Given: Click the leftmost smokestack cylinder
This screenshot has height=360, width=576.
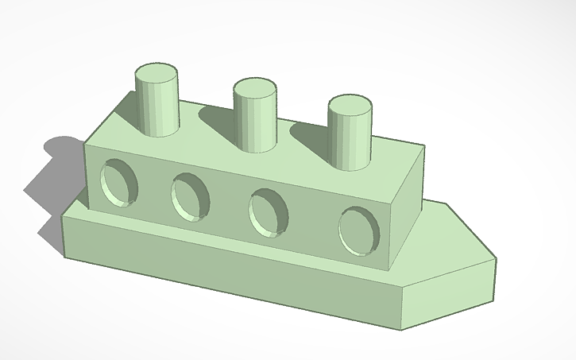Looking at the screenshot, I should pyautogui.click(x=156, y=107).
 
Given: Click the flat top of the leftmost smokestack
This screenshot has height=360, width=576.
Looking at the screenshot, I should pyautogui.click(x=156, y=75).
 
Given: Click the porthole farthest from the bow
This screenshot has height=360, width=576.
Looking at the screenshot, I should pyautogui.click(x=119, y=184).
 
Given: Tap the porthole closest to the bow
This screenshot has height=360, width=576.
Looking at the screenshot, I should pyautogui.click(x=359, y=231).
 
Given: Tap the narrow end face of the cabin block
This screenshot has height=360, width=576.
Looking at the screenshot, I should pyautogui.click(x=407, y=215).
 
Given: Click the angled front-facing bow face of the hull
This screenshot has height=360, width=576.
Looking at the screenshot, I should pyautogui.click(x=449, y=294).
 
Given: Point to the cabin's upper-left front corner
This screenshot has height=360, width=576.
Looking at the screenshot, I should pyautogui.click(x=85, y=144).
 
